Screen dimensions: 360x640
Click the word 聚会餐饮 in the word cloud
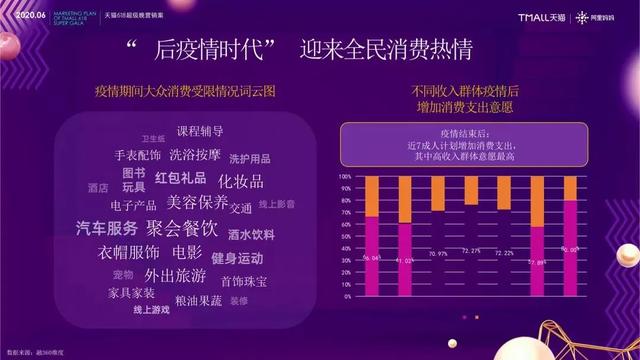[x=182, y=227]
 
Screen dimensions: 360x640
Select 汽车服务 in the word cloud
[x=107, y=228]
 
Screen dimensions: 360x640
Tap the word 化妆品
[x=241, y=181]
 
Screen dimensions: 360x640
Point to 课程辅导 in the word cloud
[x=200, y=131]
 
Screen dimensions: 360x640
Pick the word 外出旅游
[x=175, y=275]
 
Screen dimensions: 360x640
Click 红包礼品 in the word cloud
[x=180, y=178]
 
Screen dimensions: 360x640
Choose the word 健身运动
[x=237, y=258]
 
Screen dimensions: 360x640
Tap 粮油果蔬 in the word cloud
[x=199, y=299]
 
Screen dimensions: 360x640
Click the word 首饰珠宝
[x=244, y=282]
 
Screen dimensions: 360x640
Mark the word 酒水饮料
[x=251, y=235]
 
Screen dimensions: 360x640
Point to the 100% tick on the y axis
[x=344, y=175]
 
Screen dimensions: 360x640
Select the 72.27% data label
[x=471, y=251]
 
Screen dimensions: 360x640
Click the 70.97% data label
[x=438, y=254]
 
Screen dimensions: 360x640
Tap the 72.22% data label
[x=504, y=253]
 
